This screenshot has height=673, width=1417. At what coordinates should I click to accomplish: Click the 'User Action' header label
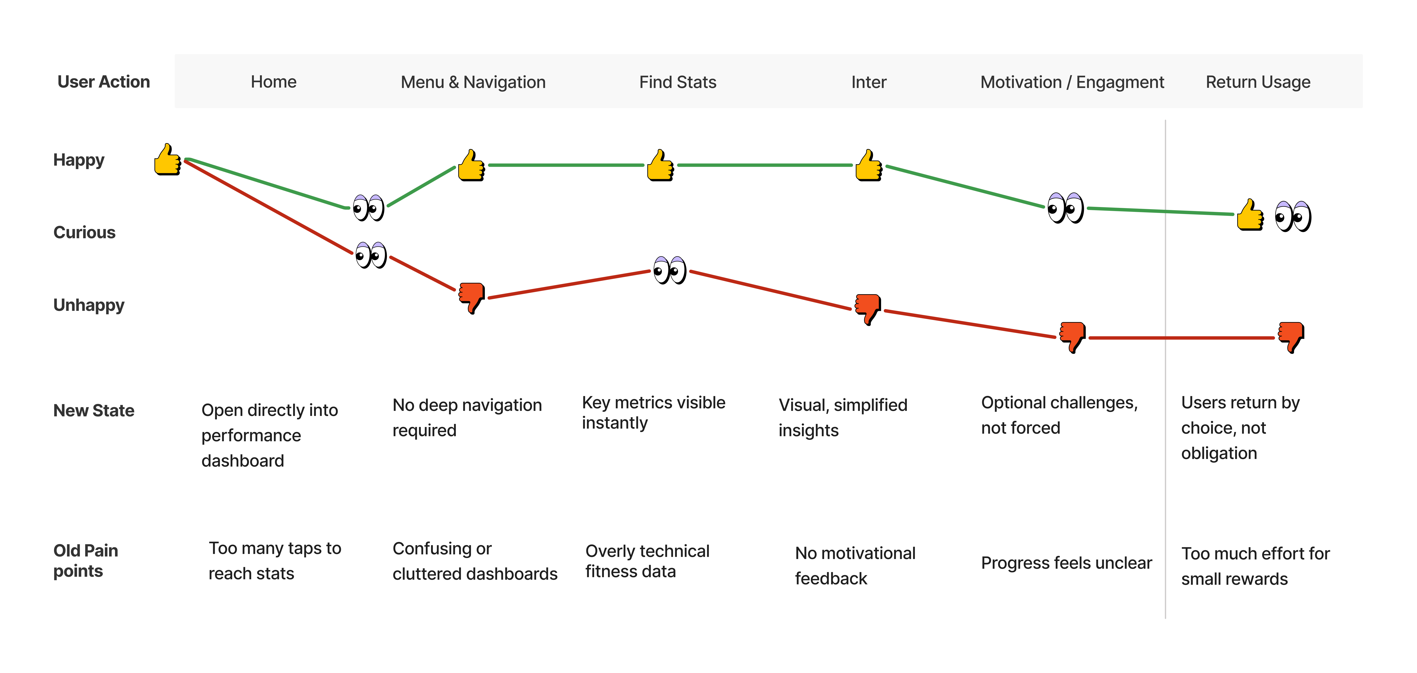click(103, 82)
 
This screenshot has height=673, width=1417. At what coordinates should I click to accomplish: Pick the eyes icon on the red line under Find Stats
click(669, 270)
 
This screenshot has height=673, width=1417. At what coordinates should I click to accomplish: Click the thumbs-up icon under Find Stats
click(660, 165)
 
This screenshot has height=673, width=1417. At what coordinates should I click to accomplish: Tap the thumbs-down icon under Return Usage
click(1290, 337)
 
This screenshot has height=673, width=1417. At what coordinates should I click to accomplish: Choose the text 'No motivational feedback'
click(855, 566)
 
